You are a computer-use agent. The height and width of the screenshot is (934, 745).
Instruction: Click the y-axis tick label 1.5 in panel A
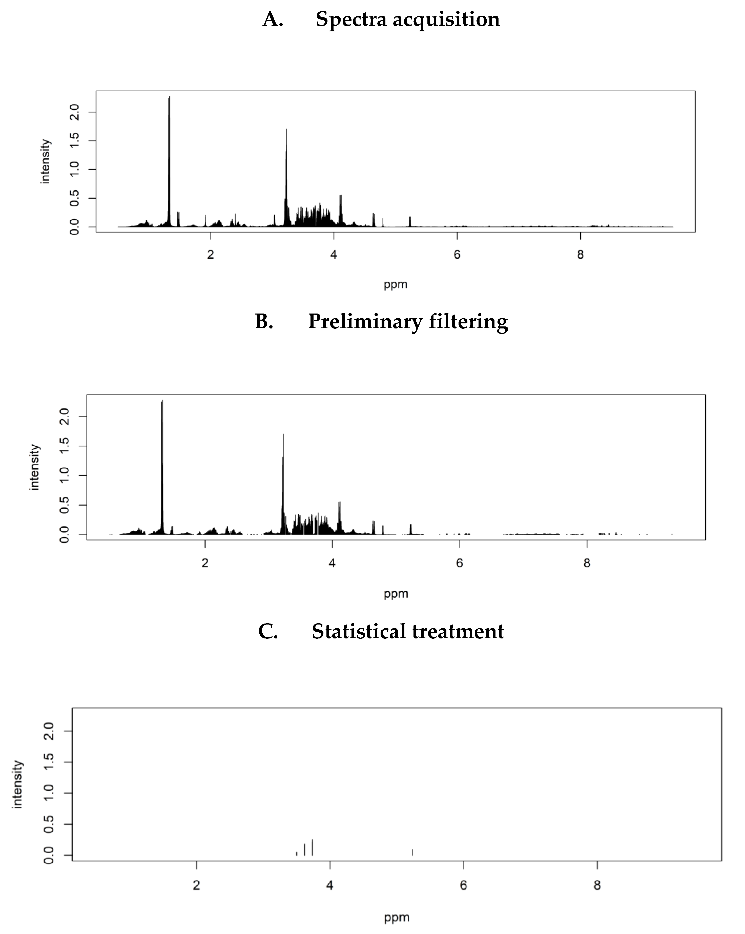(74, 141)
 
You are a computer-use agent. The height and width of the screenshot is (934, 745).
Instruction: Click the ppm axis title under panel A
(396, 285)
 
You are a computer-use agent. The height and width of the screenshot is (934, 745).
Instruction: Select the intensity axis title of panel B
(34, 467)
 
